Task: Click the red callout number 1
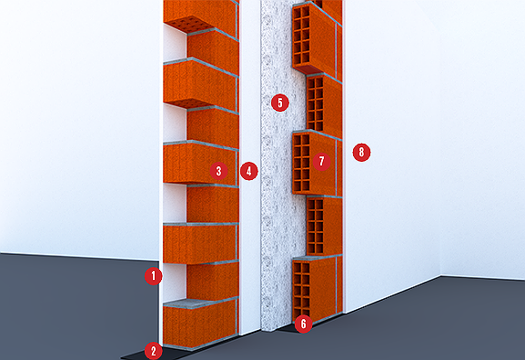154,276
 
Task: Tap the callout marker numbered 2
154,351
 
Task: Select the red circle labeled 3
218,171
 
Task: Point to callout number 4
248,171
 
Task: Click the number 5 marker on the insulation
280,103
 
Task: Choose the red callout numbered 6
303,324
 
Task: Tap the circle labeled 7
322,162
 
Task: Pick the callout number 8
361,152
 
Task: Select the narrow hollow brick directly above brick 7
323,104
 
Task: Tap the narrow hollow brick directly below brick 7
323,225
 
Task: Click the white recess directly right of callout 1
174,281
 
